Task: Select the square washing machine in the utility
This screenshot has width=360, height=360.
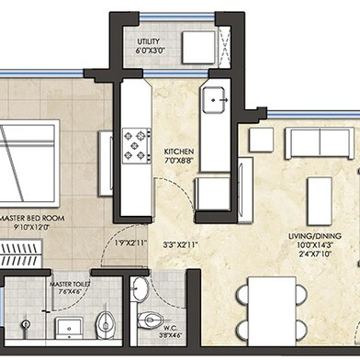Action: click(197, 46)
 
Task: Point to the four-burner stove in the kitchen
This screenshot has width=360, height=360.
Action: click(138, 142)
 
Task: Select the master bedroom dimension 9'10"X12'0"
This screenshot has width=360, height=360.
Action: click(28, 228)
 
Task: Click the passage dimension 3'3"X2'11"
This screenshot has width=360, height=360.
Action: click(179, 245)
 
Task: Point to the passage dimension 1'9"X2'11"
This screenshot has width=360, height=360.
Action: click(132, 243)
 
